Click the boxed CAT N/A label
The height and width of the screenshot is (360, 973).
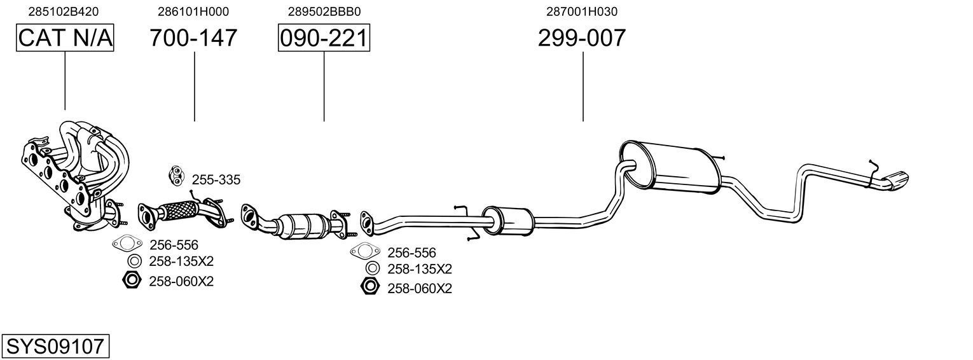click(65, 38)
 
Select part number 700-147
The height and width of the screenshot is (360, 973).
click(193, 38)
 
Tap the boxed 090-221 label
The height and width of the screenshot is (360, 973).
click(324, 38)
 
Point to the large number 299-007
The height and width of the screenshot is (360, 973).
click(582, 38)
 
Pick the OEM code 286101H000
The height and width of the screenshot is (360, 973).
click(193, 11)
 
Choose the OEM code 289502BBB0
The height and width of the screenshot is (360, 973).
click(324, 11)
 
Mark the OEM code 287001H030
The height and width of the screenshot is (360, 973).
click(582, 11)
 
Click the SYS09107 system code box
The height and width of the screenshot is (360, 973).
click(55, 347)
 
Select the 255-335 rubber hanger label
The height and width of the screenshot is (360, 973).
click(216, 180)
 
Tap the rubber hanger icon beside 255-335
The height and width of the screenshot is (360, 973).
click(176, 175)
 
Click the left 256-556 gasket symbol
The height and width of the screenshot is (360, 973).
click(127, 243)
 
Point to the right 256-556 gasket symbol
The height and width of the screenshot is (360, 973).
click(363, 251)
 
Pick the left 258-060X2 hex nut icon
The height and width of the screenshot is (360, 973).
click(130, 279)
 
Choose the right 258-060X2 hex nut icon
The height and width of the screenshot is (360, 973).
click(369, 287)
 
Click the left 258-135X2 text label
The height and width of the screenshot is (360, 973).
click(181, 261)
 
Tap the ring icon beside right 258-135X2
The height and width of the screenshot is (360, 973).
click(373, 268)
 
